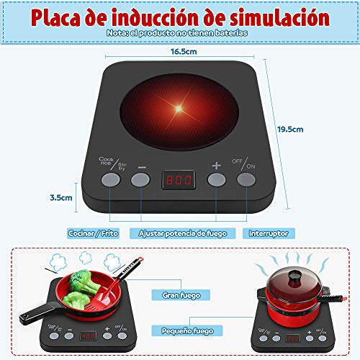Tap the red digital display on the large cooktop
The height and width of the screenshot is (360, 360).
click(x=177, y=178)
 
